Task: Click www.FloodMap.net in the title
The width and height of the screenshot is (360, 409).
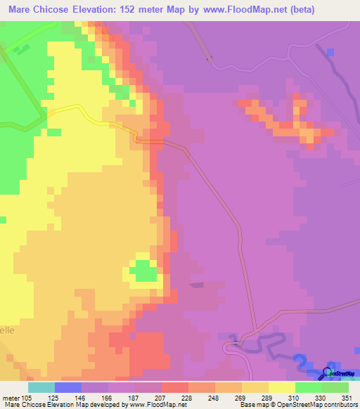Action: point(238,9)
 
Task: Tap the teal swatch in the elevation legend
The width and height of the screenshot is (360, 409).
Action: point(41,387)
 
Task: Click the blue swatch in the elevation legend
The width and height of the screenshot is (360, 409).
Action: point(68,387)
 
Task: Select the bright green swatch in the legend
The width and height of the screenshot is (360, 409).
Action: point(309,387)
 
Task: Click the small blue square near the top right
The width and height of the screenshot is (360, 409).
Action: point(330,51)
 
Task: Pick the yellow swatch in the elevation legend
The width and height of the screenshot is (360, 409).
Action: point(282,387)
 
